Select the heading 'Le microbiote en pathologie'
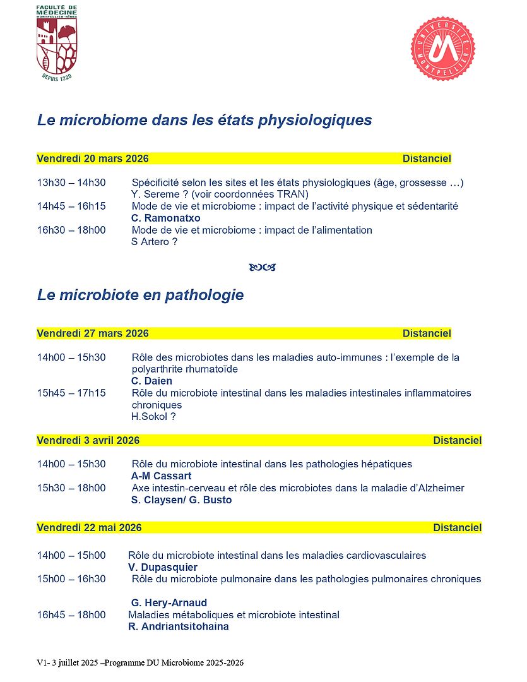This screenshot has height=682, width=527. click(x=140, y=295)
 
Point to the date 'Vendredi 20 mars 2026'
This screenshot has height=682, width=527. click(x=93, y=159)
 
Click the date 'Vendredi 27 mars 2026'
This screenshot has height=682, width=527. click(x=93, y=333)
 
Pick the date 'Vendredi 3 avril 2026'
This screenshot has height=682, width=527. click(x=88, y=440)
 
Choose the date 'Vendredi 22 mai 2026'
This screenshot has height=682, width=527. click(x=89, y=527)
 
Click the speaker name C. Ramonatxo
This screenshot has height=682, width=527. click(x=165, y=218)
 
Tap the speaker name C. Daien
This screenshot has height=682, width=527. click(x=151, y=381)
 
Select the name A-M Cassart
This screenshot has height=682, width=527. click(x=161, y=476)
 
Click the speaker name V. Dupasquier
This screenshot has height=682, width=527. click(x=162, y=568)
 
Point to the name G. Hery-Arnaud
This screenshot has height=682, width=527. click(x=169, y=603)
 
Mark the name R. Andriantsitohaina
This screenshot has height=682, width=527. click(x=178, y=627)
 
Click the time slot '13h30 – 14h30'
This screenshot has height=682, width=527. click(x=71, y=182)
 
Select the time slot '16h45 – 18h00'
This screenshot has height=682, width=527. click(x=71, y=615)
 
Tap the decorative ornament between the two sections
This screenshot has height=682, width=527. click(x=263, y=268)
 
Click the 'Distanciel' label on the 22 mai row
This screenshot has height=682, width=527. click(x=457, y=527)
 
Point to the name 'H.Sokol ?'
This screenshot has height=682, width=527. click(x=153, y=417)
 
